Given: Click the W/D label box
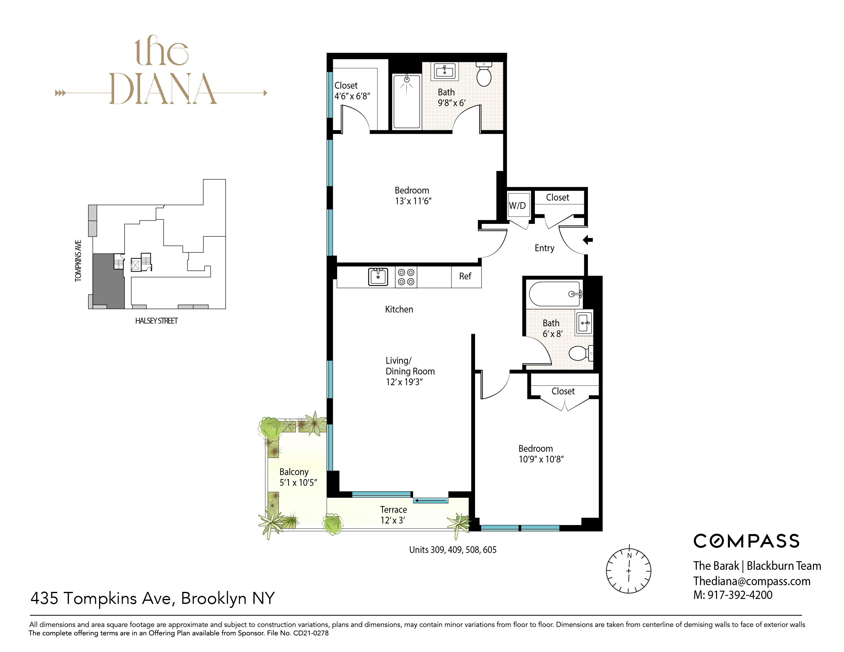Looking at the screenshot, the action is point(518,205).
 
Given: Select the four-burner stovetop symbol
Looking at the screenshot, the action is point(406,277).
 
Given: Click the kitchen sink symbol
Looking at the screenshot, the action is point(378,277).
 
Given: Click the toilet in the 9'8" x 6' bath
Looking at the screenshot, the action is point(484,75).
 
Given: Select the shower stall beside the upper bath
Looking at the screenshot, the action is point(407,101).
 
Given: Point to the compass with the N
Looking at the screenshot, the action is point(628,570).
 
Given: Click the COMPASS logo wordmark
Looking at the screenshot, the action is point(746,541).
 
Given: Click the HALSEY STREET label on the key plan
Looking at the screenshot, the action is point(156,321).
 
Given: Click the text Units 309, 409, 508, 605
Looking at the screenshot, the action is point(453,550).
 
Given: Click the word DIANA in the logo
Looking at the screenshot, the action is point(163,89).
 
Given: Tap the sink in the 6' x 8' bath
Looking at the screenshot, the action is point(584,323).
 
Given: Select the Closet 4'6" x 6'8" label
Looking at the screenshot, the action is point(352,91).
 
